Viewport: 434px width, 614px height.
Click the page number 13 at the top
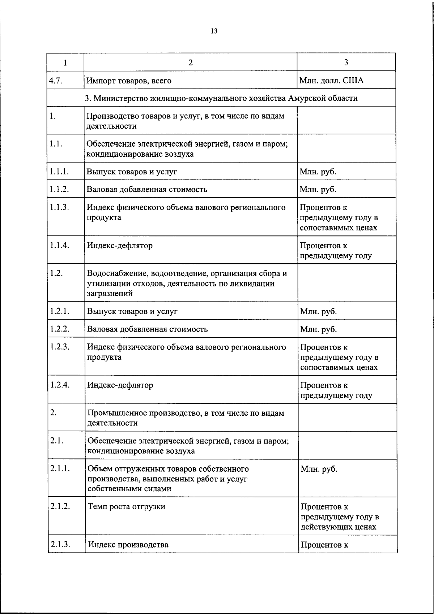[214, 31]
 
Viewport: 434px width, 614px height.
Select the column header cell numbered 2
[190, 62]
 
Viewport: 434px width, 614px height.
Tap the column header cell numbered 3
[346, 62]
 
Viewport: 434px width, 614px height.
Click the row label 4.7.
[56, 80]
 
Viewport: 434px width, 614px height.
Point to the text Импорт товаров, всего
[129, 81]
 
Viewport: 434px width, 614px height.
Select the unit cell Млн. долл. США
[331, 80]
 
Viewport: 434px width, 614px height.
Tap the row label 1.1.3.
[60, 207]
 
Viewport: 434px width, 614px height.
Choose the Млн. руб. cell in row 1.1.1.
[318, 172]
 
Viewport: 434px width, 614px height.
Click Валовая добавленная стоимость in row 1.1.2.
[147, 189]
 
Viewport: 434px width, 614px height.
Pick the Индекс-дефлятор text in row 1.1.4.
[120, 246]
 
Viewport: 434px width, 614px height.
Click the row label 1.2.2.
[60, 329]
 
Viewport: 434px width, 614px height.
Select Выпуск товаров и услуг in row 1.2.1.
[132, 311]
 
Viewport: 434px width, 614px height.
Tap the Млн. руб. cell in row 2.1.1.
[319, 469]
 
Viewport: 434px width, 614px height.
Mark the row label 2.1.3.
[60, 544]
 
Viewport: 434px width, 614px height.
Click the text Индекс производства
[128, 544]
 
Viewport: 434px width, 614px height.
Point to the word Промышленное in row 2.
[116, 413]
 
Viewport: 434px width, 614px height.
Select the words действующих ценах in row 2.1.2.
[339, 527]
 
